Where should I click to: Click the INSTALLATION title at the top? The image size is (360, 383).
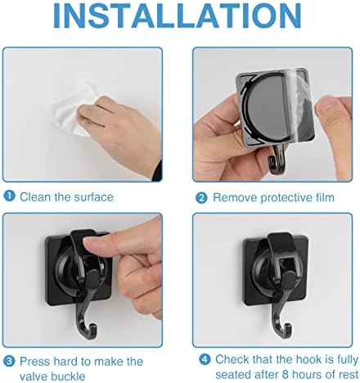pos(180,18)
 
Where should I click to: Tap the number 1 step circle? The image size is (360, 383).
pos(9,197)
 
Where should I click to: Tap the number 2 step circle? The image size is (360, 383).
pos(200,197)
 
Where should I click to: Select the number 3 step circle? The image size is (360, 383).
pos(9,361)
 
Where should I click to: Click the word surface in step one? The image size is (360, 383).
pos(93,197)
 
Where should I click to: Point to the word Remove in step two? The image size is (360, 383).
pos(233,197)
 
